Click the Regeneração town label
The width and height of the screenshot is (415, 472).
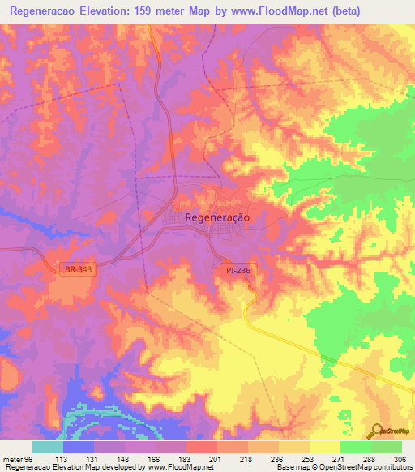[x=217, y=217]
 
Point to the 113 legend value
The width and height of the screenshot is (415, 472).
[x=61, y=459]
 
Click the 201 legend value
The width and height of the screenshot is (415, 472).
[x=216, y=459]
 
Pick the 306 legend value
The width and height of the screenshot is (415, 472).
[x=400, y=459]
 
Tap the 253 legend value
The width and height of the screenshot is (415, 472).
[x=308, y=459]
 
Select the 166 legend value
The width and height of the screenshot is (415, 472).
[x=154, y=459]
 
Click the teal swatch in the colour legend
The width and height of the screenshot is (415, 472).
[x=47, y=447]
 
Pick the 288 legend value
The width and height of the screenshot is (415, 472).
[x=369, y=459]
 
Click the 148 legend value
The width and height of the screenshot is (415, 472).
[x=122, y=459]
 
